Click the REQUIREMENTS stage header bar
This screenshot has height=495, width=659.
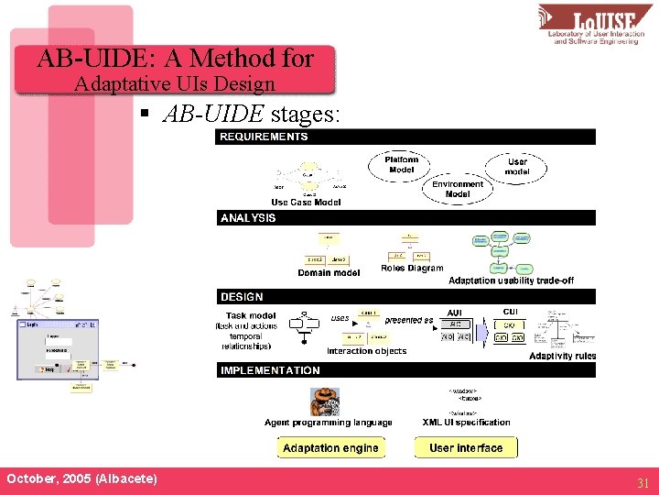(405, 137)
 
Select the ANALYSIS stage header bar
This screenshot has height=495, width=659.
(405, 218)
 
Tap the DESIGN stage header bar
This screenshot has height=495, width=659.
(405, 297)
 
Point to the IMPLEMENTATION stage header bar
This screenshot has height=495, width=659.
(405, 370)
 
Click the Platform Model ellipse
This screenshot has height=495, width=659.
(402, 164)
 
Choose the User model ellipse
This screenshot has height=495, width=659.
(518, 167)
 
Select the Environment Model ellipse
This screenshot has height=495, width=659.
(458, 189)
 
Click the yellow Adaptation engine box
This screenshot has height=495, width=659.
(330, 447)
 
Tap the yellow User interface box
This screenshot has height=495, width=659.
(466, 447)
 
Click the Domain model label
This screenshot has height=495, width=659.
(329, 272)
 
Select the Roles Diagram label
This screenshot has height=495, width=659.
(412, 269)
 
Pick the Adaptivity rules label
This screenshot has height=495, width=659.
(562, 356)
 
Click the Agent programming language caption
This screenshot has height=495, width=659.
(328, 423)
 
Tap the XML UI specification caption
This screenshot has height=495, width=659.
(467, 423)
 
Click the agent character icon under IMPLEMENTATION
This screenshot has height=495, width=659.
(325, 401)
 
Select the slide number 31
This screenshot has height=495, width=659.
(643, 482)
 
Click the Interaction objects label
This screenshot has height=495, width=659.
(366, 351)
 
